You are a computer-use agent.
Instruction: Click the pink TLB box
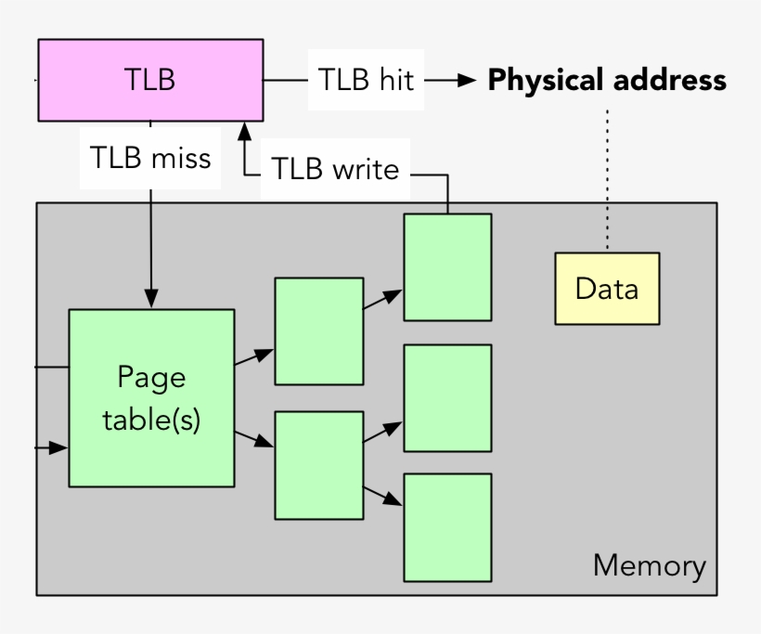coord(149,80)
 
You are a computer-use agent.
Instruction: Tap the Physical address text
coord(607,81)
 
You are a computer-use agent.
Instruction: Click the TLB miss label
coord(150,157)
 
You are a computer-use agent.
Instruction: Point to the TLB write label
coord(334,169)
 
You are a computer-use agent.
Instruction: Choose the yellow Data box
coord(607,289)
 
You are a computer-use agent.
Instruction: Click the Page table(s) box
coord(151,397)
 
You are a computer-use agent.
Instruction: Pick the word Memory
coord(649,565)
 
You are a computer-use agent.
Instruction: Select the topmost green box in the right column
coord(447,267)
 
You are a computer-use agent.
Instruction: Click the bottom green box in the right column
coord(447,526)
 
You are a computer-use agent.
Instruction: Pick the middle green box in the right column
coord(447,397)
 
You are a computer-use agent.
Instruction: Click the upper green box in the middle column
coord(318,330)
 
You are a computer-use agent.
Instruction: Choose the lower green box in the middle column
coord(318,464)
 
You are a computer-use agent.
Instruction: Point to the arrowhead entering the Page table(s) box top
coord(151,300)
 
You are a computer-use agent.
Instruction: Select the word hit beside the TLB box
coord(394,80)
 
